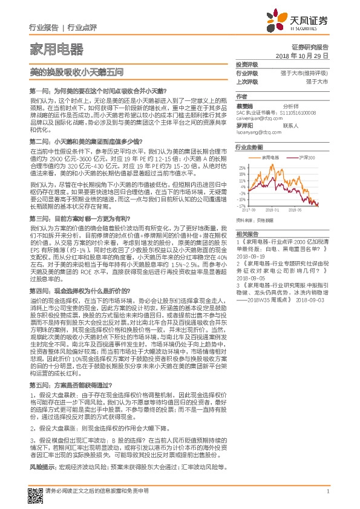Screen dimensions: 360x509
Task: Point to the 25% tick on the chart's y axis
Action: click(241, 167)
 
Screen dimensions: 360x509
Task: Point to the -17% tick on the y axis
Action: click(241, 206)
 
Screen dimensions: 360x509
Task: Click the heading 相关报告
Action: click(247, 233)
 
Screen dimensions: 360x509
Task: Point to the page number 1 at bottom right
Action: click(327, 491)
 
